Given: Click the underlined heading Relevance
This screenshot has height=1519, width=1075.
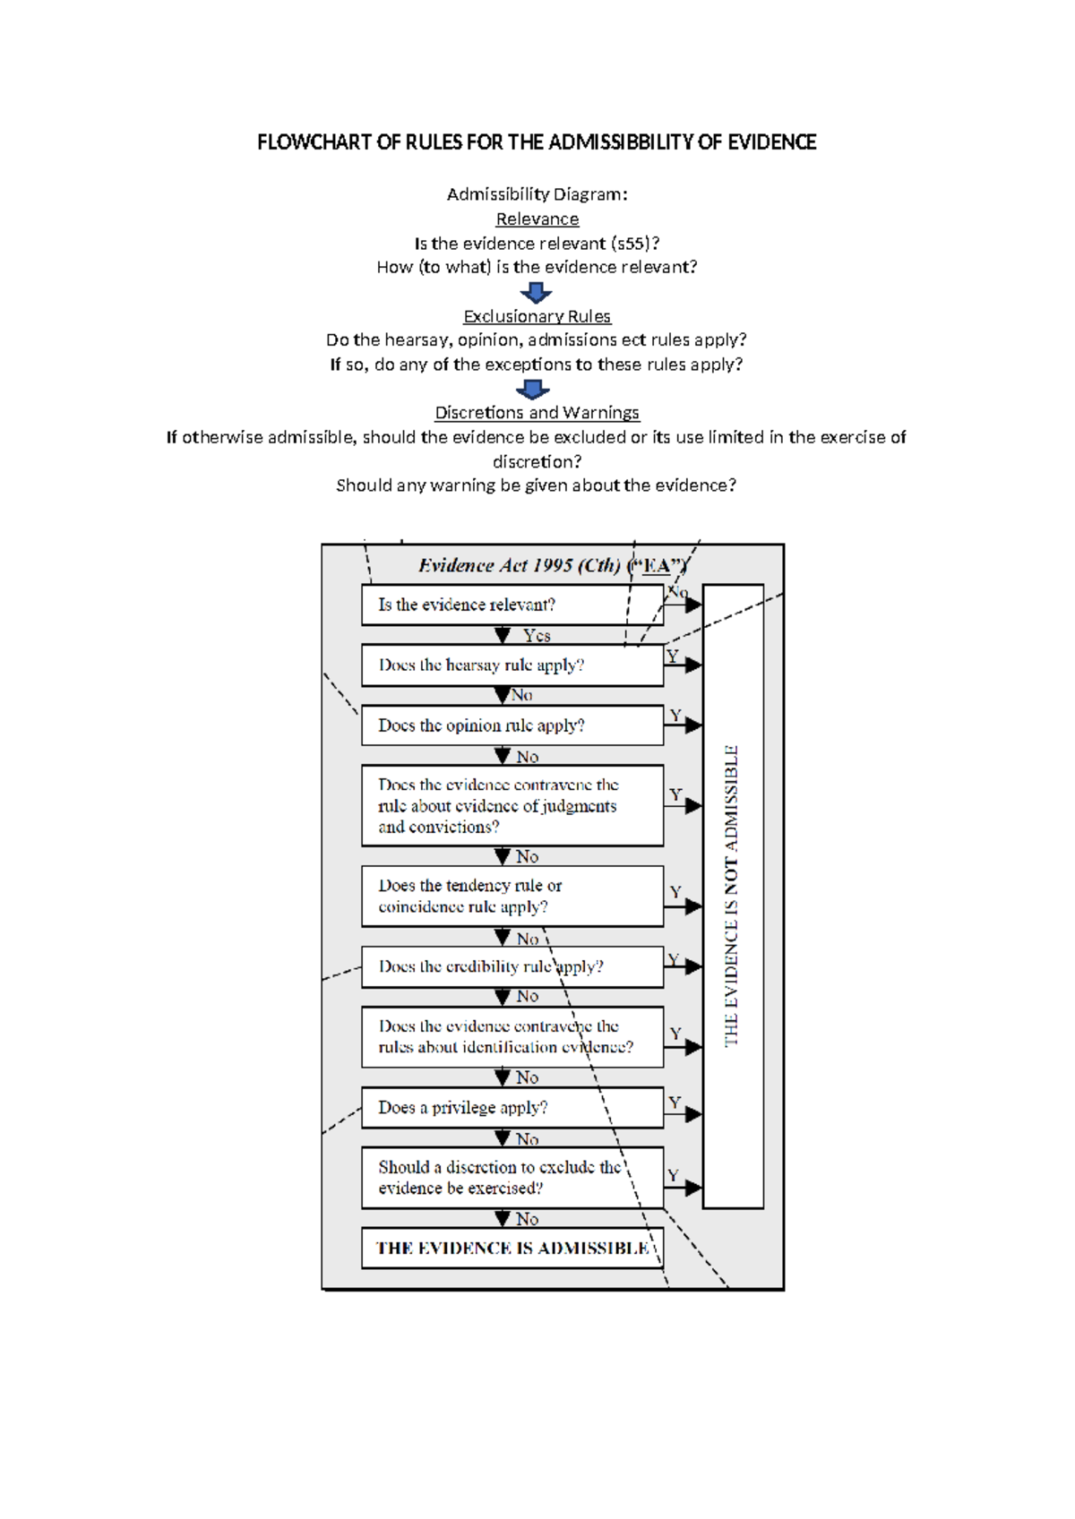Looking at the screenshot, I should (x=537, y=219).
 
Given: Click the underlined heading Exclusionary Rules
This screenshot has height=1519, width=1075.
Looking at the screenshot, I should (x=537, y=316).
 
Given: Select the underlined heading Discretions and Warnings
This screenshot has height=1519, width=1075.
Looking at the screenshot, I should (x=537, y=413).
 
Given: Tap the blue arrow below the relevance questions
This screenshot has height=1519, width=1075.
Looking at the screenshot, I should (x=536, y=292).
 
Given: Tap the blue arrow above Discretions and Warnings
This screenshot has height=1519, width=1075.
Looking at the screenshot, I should (x=533, y=389).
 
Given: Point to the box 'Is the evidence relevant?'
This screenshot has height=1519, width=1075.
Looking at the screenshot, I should (x=512, y=605).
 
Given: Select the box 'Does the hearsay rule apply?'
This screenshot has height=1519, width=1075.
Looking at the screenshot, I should (x=512, y=665).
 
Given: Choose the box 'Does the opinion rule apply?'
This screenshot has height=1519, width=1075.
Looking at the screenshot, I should (x=512, y=725).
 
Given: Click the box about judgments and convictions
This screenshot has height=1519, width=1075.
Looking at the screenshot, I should (x=512, y=805).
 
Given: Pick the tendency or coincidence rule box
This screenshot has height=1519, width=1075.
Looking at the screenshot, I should (x=512, y=896).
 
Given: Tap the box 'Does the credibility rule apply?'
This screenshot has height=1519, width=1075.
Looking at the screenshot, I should (x=512, y=967).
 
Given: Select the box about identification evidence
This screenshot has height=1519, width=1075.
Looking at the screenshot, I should (x=512, y=1036).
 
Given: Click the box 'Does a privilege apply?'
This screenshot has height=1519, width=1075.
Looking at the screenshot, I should (x=512, y=1108).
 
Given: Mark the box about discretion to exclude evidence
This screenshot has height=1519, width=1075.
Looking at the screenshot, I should (x=512, y=1178).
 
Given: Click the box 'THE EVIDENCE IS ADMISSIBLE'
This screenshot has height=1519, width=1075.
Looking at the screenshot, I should (x=512, y=1249).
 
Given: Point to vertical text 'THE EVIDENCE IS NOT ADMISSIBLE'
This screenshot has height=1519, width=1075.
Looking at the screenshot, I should (x=732, y=896).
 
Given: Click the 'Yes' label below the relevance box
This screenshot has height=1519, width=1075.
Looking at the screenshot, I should (x=536, y=636).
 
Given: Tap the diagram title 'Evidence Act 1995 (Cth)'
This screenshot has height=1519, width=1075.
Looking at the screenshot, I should (x=520, y=565).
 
